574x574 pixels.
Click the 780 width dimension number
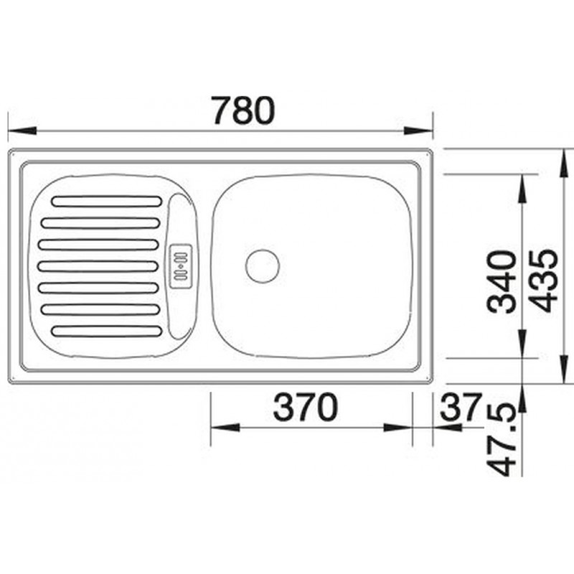point(243,110)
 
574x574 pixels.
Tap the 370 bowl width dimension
point(306,407)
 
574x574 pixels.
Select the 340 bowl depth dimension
point(503,282)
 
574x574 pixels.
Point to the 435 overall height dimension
point(545,281)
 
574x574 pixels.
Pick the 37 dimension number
point(461,406)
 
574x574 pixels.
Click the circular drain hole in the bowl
point(263,266)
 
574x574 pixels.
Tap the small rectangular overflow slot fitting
point(181,266)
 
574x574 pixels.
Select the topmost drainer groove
point(107,202)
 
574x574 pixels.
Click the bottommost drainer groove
point(107,331)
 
